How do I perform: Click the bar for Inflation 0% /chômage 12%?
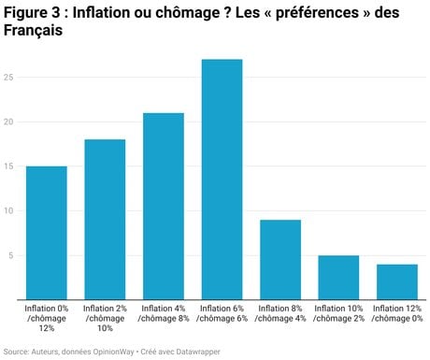[47, 233]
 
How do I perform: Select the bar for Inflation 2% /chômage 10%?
[105, 220]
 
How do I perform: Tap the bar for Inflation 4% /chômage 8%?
[164, 206]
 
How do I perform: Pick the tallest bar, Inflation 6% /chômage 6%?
[222, 180]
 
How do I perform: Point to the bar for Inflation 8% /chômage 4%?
[280, 260]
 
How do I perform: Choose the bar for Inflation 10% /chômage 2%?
[338, 278]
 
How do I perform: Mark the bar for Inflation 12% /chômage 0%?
[397, 281]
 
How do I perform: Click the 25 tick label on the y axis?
[8, 78]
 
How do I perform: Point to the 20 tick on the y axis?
[8, 122]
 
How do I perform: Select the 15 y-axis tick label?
[8, 166]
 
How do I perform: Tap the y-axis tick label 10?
[8, 211]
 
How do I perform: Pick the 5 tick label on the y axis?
[11, 255]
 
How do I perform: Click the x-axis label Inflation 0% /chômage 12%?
[47, 318]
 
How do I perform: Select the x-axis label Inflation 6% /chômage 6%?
[222, 313]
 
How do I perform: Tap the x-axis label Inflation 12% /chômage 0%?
[397, 313]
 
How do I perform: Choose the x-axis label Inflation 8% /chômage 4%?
[280, 313]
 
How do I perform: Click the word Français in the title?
[33, 31]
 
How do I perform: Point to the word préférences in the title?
[317, 13]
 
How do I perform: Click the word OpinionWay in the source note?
[113, 352]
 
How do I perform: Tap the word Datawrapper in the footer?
[198, 352]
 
